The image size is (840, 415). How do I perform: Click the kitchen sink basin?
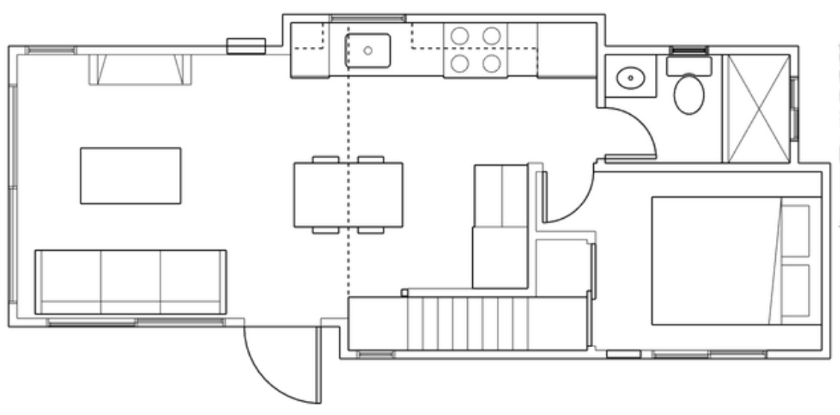pyautogui.click(x=368, y=51)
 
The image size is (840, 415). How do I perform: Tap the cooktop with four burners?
pyautogui.click(x=475, y=49)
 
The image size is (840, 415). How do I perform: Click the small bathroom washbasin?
pyautogui.click(x=632, y=76)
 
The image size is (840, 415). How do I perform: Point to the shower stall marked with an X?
pyautogui.click(x=758, y=108)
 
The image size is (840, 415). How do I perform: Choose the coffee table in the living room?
pyautogui.click(x=131, y=175)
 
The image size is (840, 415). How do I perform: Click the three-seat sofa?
pyautogui.click(x=131, y=282)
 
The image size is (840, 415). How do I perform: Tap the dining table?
pyautogui.click(x=348, y=195)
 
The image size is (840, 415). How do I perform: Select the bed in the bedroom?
pyautogui.click(x=716, y=260)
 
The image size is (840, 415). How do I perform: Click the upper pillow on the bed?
pyautogui.click(x=796, y=231)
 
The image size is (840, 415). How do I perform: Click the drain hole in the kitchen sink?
pyautogui.click(x=368, y=51)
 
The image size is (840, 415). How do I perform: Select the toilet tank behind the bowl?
pyautogui.click(x=689, y=66)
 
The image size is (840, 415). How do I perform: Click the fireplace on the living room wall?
pyautogui.click(x=140, y=69)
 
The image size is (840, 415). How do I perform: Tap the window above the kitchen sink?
pyautogui.click(x=368, y=18)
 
